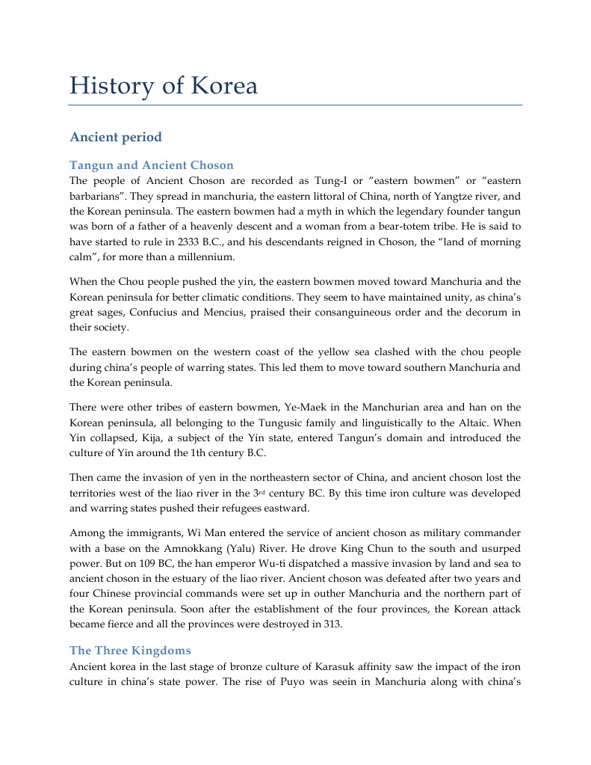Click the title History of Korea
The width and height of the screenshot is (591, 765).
click(164, 86)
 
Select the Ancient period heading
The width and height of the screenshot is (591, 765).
click(115, 138)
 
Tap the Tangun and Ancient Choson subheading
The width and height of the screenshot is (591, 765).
click(152, 165)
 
